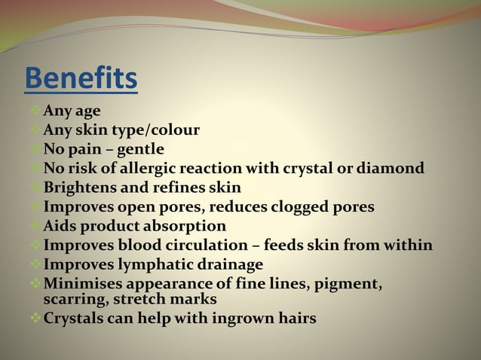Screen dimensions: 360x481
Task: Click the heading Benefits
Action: pyautogui.click(x=81, y=78)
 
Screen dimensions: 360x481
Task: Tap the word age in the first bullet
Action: pyautogui.click(x=87, y=111)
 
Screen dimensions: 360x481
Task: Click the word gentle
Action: pyautogui.click(x=139, y=149)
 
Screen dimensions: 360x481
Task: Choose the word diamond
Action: pyautogui.click(x=391, y=168)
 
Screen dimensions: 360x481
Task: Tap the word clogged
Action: pyautogui.click(x=293, y=206)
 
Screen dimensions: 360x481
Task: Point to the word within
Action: pyautogui.click(x=408, y=245)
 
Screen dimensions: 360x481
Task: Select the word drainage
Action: pyautogui.click(x=227, y=264)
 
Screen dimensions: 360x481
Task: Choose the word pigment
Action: pyautogui.click(x=348, y=284)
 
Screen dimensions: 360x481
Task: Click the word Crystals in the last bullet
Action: pyautogui.click(x=76, y=319)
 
